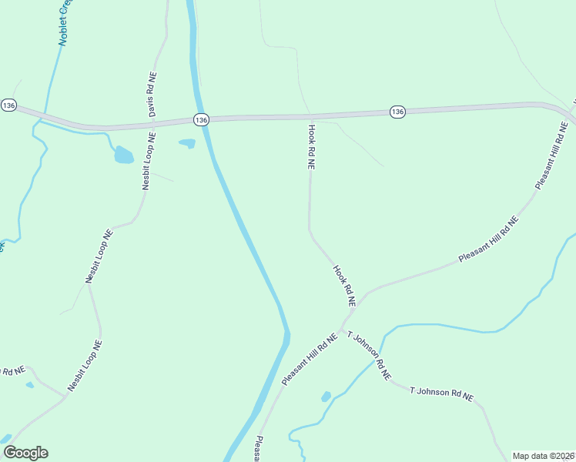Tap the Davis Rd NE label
click(x=152, y=95)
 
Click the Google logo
click(x=25, y=453)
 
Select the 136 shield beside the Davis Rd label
click(x=200, y=119)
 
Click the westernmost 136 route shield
click(x=8, y=105)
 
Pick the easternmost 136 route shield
click(x=397, y=112)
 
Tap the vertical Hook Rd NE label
click(x=311, y=146)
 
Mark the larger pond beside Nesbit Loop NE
click(x=123, y=156)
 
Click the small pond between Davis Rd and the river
click(x=187, y=142)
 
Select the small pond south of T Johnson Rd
click(x=326, y=397)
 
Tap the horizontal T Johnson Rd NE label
click(x=441, y=393)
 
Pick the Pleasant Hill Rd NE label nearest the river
click(x=310, y=360)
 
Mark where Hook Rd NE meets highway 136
click(x=308, y=117)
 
